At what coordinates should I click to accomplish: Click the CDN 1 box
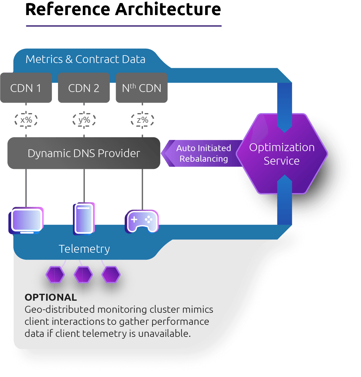[26, 88]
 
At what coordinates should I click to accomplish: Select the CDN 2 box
[84, 88]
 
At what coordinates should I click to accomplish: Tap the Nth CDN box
[142, 88]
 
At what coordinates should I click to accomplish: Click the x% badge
[26, 120]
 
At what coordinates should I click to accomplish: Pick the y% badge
[84, 120]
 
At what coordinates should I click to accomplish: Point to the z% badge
[142, 120]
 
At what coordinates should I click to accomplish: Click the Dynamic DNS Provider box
[84, 153]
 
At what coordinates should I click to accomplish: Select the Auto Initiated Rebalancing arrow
[202, 153]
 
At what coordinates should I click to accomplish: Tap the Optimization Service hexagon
[282, 154]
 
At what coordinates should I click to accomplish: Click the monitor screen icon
[26, 220]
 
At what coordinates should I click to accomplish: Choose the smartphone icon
[84, 219]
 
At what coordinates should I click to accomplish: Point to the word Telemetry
[84, 249]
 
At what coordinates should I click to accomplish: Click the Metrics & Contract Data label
[85, 59]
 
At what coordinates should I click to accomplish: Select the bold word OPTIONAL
[51, 297]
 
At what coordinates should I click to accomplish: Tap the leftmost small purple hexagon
[55, 275]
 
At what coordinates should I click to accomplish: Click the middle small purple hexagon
[83, 275]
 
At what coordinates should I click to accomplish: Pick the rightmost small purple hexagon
[111, 275]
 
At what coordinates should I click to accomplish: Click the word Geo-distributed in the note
[60, 310]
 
